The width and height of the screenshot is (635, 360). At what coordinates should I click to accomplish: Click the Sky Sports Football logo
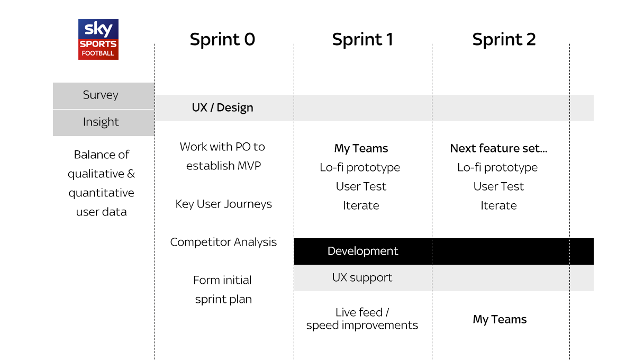pyautogui.click(x=98, y=39)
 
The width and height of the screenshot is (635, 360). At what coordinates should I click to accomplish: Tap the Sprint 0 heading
pyautogui.click(x=222, y=39)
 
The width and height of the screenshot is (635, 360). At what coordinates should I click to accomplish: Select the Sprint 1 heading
pyautogui.click(x=362, y=39)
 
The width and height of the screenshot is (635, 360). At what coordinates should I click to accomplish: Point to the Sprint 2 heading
pyautogui.click(x=504, y=39)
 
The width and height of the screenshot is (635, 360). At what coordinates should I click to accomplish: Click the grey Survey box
pyautogui.click(x=104, y=96)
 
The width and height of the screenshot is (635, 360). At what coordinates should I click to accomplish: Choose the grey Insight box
pyautogui.click(x=104, y=123)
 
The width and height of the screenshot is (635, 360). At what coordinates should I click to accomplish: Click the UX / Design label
pyautogui.click(x=223, y=108)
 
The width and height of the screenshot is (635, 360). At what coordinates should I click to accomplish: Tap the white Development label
pyautogui.click(x=362, y=251)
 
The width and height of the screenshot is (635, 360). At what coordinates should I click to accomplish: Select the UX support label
pyautogui.click(x=362, y=278)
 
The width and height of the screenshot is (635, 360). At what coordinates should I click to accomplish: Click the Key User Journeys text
pyautogui.click(x=223, y=204)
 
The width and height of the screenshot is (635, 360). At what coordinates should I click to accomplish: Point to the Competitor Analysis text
pyautogui.click(x=223, y=242)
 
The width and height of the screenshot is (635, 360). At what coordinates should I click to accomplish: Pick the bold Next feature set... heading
pyautogui.click(x=498, y=148)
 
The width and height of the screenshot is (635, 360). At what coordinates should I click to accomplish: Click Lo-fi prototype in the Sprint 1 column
pyautogui.click(x=360, y=168)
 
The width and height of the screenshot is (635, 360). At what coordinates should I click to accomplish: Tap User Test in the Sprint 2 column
pyautogui.click(x=498, y=186)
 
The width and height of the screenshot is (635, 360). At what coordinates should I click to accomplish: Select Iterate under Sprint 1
pyautogui.click(x=361, y=205)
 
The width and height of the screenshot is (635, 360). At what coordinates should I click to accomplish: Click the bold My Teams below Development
pyautogui.click(x=500, y=320)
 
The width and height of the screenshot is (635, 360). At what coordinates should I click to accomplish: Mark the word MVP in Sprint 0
pyautogui.click(x=249, y=166)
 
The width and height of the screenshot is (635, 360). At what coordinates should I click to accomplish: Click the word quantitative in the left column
pyautogui.click(x=101, y=193)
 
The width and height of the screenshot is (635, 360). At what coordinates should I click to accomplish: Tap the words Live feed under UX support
pyautogui.click(x=359, y=312)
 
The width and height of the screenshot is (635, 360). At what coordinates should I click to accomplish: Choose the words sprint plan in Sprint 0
pyautogui.click(x=223, y=300)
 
